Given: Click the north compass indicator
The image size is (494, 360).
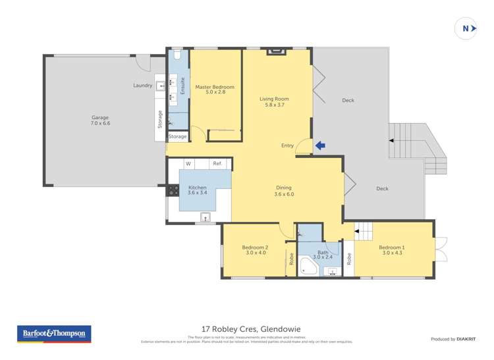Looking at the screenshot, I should coord(466,28).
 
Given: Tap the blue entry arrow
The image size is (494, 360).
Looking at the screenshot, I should coord(320,146).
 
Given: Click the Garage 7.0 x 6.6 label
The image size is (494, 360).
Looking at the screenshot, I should coord(100,120).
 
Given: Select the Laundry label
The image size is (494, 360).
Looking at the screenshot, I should coord(142,86).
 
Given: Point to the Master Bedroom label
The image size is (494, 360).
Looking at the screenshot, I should coord(215,90).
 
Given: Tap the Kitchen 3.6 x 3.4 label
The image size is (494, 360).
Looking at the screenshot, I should coord(198,190).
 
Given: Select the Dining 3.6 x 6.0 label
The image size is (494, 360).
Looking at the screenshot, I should coord(283,191).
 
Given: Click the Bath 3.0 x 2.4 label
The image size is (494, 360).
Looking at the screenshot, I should coord(323,255).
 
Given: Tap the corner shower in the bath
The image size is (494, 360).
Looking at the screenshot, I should coord(308,267).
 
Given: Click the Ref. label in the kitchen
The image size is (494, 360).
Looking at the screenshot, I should coord(217,164).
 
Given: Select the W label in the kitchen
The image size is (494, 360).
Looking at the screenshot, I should coord(188,164).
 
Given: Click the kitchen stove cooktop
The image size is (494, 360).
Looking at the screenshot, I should coord(173,190).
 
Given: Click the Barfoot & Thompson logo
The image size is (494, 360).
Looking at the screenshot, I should coord(55,334).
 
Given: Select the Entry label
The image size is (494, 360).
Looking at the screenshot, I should coord(287,146).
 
